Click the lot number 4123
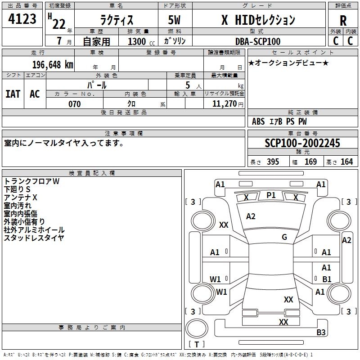coord(22,19)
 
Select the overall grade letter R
coord(343,21)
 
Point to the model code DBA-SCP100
coord(257,41)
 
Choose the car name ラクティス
coord(116,20)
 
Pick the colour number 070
coord(74,104)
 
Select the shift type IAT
coord(13,94)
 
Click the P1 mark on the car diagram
coord(271,195)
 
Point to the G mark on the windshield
coord(284,237)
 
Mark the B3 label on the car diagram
coord(321,333)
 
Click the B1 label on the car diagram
coord(327,279)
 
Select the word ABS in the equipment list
coord(258,121)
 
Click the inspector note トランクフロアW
coord(31,181)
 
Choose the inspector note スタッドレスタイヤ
coord(34,238)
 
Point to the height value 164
coord(347,162)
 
